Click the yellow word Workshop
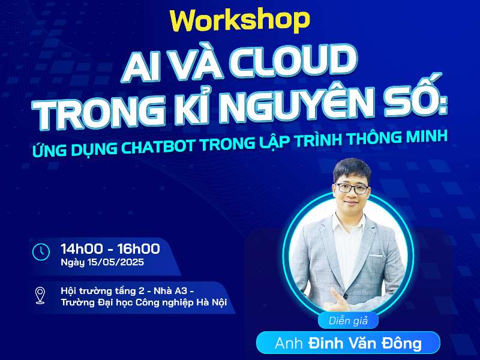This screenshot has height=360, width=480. click(x=239, y=20)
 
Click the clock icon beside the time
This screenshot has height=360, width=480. click(x=41, y=251)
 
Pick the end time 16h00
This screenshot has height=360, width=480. click(x=137, y=248)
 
